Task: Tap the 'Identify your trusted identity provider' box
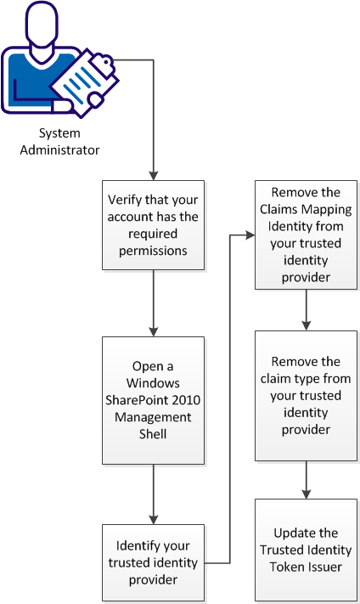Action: pos(153,561)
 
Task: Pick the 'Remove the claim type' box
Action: pos(306,396)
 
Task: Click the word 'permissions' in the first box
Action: pos(153,251)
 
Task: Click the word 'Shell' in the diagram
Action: pos(153,434)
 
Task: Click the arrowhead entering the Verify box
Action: pos(153,174)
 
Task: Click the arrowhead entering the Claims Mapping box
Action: pos(250,233)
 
